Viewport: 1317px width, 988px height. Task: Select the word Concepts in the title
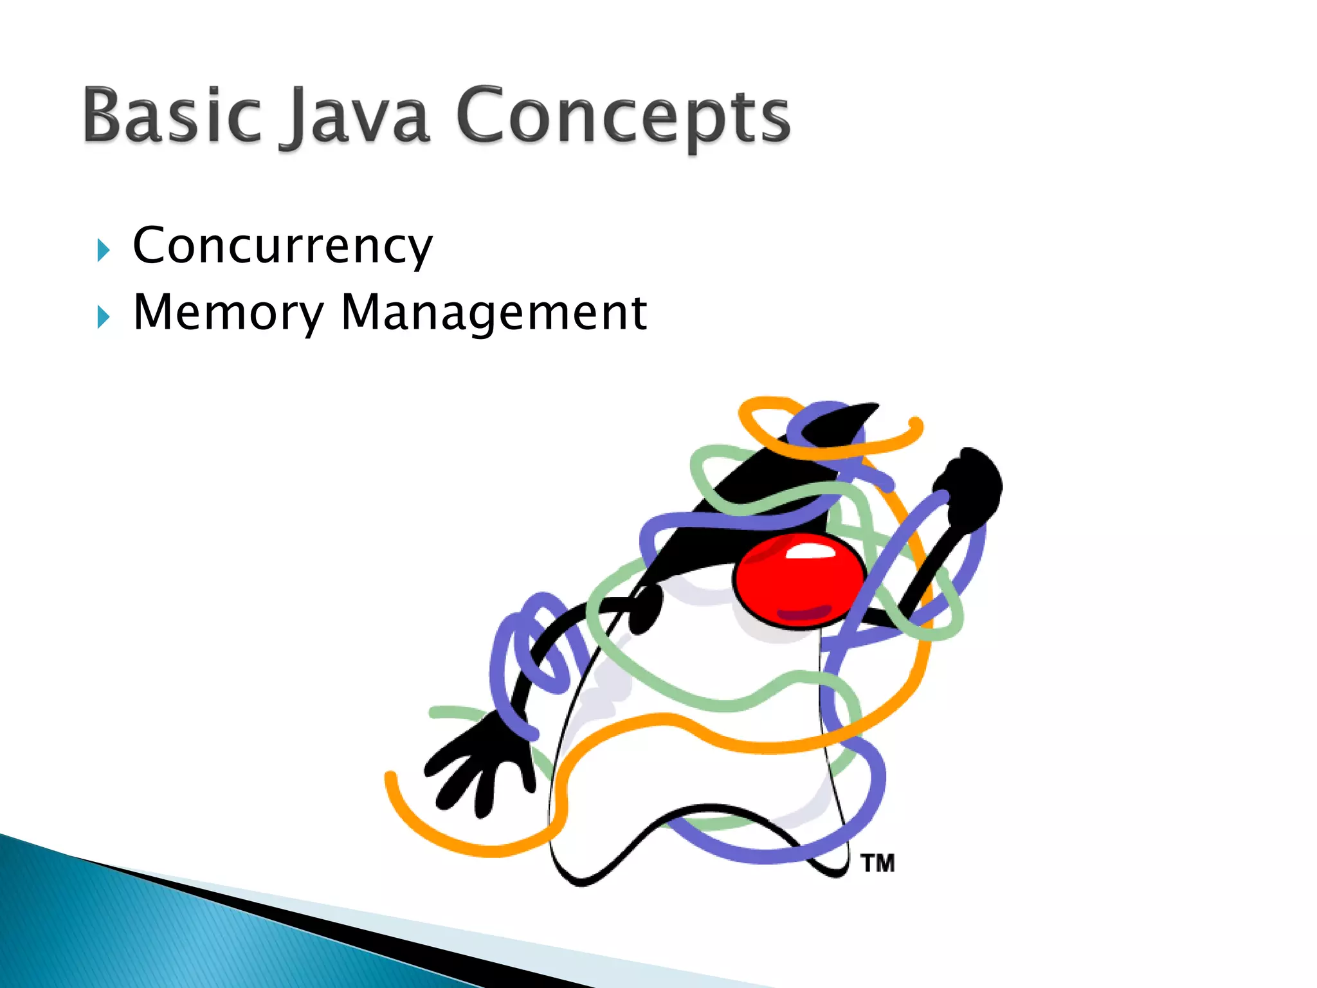tap(622, 117)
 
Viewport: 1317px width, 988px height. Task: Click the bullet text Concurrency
tap(282, 246)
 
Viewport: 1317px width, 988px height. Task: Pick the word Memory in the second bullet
tap(228, 313)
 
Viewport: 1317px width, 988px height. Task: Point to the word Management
tap(493, 313)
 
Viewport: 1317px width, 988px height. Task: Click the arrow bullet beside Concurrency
tap(103, 250)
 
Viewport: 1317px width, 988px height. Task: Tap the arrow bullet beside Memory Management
tap(103, 317)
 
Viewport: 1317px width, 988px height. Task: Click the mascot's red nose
tap(799, 579)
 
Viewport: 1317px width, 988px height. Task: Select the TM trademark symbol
tap(878, 863)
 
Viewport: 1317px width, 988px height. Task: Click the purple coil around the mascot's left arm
tap(531, 650)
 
